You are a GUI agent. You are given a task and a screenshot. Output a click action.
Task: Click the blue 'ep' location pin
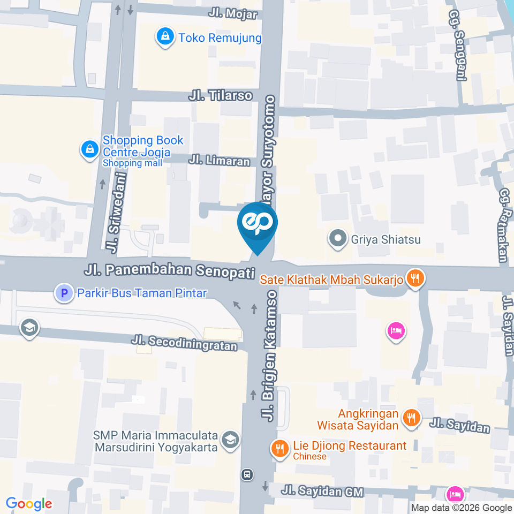tap(258, 224)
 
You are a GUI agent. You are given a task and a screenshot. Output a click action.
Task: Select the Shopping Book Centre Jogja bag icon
tap(89, 149)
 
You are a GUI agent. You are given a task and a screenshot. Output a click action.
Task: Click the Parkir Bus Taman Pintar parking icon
tap(65, 293)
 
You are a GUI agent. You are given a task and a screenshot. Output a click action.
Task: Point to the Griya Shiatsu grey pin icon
tap(338, 239)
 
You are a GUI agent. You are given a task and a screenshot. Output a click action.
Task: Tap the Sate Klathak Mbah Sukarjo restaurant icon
tap(414, 278)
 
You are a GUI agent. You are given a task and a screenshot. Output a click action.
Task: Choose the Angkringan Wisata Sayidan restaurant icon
tap(411, 418)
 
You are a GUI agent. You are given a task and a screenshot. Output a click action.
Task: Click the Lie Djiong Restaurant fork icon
tap(279, 449)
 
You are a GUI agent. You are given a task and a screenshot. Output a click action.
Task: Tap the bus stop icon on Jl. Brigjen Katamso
tap(247, 474)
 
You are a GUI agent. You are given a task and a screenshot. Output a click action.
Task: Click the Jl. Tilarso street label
tap(220, 96)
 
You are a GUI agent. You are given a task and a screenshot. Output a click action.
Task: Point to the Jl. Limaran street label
tap(219, 161)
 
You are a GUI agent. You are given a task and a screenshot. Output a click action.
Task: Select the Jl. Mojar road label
tap(233, 14)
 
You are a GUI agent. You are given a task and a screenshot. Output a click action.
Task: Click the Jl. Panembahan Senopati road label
tap(169, 270)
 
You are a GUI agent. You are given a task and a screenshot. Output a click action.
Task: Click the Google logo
tap(29, 503)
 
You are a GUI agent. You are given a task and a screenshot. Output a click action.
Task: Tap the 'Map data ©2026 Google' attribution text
tap(462, 508)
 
